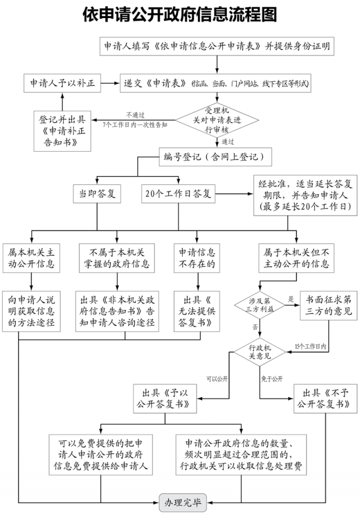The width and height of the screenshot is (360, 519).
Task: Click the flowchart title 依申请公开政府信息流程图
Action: [x=179, y=15]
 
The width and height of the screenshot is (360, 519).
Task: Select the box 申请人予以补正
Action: [x=62, y=83]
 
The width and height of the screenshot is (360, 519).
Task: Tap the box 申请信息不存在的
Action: [x=197, y=257]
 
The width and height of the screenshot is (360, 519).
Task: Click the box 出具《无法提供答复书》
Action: [x=197, y=310]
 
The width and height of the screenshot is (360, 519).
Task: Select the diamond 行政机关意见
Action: [x=259, y=351]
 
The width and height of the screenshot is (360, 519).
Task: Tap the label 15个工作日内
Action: [x=310, y=346]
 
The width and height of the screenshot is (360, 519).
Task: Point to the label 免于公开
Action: [x=272, y=378]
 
